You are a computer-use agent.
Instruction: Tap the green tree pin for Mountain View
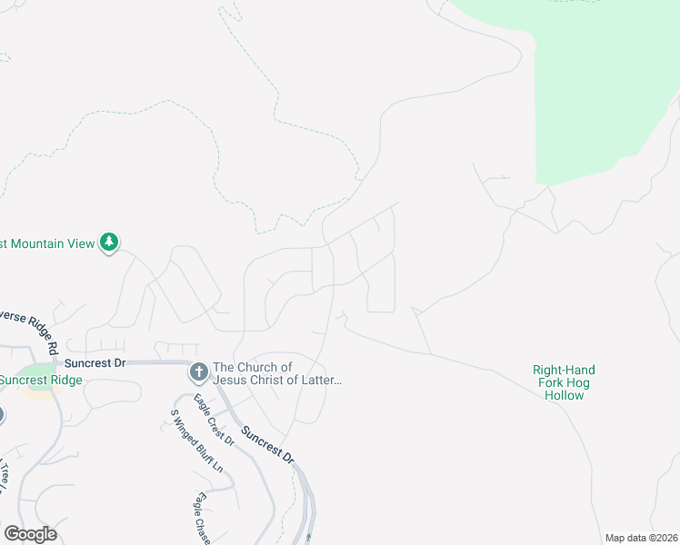click(110, 243)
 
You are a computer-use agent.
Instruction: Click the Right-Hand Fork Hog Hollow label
click(564, 382)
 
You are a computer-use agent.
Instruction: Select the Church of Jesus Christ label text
click(276, 373)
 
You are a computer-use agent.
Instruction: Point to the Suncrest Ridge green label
click(41, 380)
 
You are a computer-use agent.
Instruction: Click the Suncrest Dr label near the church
click(102, 362)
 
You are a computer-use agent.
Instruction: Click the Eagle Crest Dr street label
click(215, 420)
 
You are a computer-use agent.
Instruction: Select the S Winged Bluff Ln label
click(197, 441)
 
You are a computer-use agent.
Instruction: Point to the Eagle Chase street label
click(202, 519)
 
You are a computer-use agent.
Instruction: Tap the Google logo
click(30, 534)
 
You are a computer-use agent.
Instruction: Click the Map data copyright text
click(641, 538)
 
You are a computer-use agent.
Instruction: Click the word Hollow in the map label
click(564, 395)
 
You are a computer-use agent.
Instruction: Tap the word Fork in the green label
click(552, 382)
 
